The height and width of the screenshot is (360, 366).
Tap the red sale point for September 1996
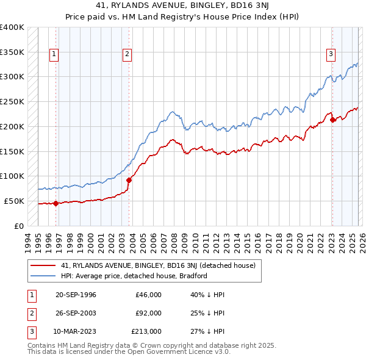56,203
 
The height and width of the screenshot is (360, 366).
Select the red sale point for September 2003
129,180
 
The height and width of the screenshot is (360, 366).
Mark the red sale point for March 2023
332,120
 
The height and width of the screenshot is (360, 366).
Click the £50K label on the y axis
14,201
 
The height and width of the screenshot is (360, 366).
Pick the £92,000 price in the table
149,313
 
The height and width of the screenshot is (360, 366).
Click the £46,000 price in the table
149,295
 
